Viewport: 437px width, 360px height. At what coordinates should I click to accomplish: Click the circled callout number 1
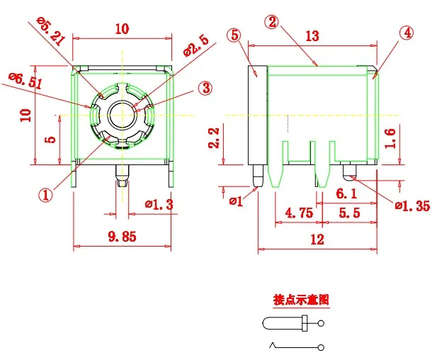click(46, 194)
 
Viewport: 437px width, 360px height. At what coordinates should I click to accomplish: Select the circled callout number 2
click(271, 22)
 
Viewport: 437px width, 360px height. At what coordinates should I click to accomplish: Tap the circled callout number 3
click(205, 88)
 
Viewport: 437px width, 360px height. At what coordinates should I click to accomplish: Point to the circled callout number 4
click(406, 33)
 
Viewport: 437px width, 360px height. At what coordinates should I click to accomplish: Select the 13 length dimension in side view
click(312, 36)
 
